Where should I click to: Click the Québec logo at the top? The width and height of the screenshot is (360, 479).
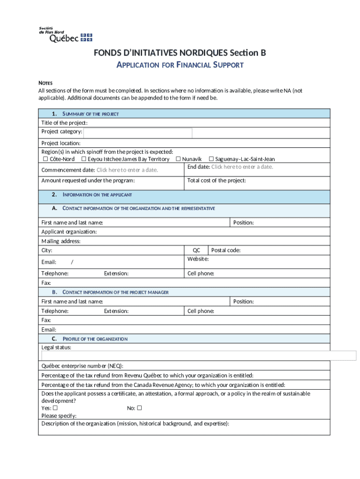pyautogui.click(x=65, y=35)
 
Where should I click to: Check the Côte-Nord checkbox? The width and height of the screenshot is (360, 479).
pyautogui.click(x=39, y=159)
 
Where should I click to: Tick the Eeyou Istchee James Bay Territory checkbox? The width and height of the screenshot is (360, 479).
pyautogui.click(x=77, y=159)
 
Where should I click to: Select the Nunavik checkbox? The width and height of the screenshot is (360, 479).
pyautogui.click(x=178, y=159)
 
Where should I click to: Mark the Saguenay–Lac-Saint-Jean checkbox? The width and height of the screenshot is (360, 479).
pyautogui.click(x=211, y=159)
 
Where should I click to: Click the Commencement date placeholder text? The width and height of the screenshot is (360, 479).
pyautogui.click(x=127, y=170)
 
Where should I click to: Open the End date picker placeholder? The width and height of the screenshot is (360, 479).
pyautogui.click(x=242, y=167)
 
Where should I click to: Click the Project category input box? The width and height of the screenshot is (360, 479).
pyautogui.click(x=137, y=133)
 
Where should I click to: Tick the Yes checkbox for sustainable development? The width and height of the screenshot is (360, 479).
pyautogui.click(x=55, y=408)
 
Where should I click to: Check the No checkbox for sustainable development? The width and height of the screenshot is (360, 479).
pyautogui.click(x=139, y=408)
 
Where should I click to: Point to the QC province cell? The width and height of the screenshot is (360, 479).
pyautogui.click(x=196, y=250)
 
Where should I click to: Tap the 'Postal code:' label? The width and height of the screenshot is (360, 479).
pyautogui.click(x=226, y=250)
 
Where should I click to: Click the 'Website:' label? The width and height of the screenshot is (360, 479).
pyautogui.click(x=198, y=259)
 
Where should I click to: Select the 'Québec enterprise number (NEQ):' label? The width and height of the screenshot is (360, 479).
pyautogui.click(x=82, y=366)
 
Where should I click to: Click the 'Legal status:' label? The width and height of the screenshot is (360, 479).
pyautogui.click(x=56, y=347)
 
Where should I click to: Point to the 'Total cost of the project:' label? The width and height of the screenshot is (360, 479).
pyautogui.click(x=216, y=181)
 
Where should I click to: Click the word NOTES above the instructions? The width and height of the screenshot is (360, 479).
pyautogui.click(x=45, y=83)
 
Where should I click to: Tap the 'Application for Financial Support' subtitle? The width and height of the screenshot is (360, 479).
pyautogui.click(x=180, y=65)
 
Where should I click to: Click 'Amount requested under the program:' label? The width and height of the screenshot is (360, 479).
pyautogui.click(x=88, y=181)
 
